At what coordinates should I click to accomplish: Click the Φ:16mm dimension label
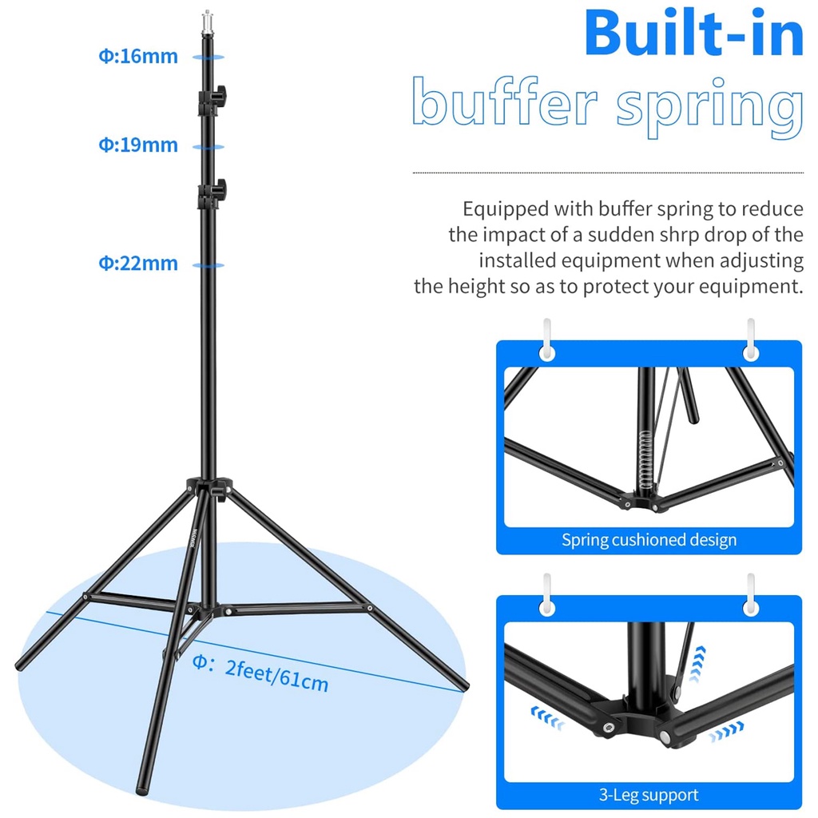tap(137, 57)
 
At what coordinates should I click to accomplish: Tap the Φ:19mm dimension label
tap(137, 145)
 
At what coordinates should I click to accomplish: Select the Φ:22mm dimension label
tap(137, 263)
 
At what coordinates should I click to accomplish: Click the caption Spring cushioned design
tap(649, 540)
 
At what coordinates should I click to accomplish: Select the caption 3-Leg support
tap(649, 795)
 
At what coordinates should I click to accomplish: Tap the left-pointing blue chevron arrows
tap(549, 717)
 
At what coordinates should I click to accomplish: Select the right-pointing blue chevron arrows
tap(725, 729)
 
